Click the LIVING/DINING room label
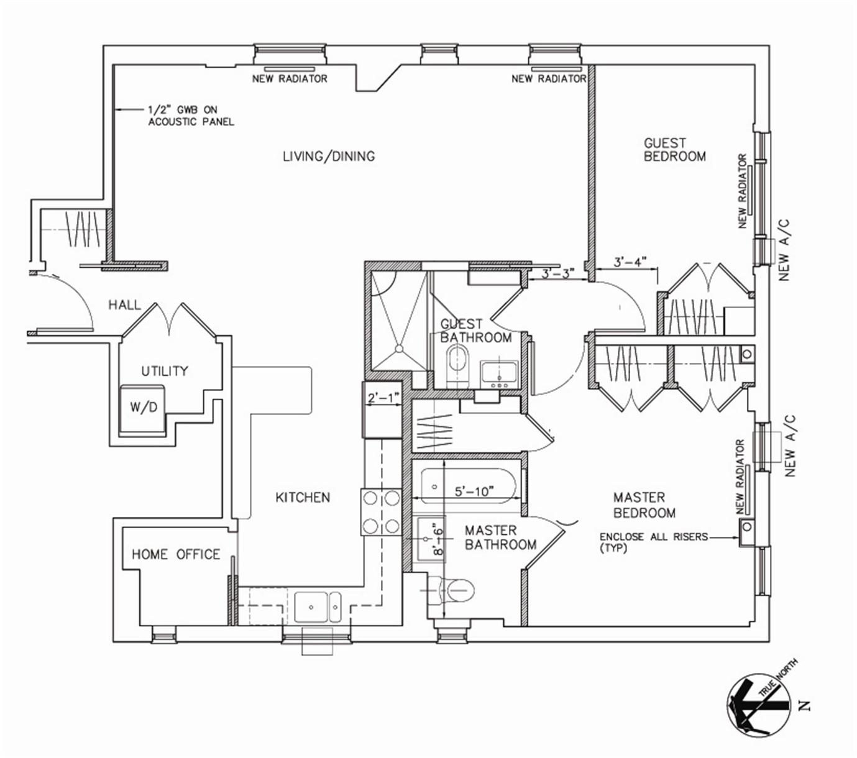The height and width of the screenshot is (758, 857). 329,156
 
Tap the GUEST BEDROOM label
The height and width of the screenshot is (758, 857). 674,150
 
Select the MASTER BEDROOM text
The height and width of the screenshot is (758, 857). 644,505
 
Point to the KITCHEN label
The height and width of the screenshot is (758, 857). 303,497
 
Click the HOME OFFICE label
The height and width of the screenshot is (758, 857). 176,554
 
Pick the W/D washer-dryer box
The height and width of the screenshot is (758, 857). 144,408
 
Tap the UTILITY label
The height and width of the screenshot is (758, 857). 164,371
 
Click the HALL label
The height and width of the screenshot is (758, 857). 124,305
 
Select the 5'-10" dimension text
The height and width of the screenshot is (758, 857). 474,491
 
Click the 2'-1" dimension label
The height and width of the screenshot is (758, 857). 382,398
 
